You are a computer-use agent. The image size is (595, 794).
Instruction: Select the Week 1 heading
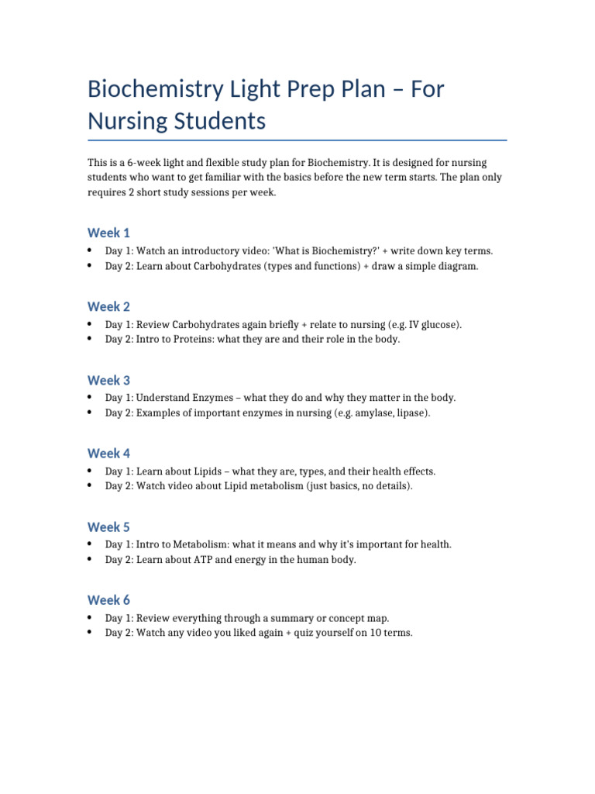point(108,233)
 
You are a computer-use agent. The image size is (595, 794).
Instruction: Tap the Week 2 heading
point(108,306)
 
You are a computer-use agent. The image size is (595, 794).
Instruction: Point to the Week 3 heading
point(108,380)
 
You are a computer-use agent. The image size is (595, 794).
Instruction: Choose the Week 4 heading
point(108,453)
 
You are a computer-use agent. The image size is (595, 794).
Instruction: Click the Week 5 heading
point(108,526)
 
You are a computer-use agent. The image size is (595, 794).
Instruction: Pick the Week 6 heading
point(108,599)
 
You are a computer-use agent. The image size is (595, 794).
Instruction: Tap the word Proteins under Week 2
point(198,340)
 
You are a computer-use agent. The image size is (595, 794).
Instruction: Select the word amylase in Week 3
point(375,413)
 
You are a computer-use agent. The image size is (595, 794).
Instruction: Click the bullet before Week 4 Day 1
point(91,471)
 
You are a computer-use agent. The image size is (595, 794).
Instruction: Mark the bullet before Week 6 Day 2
point(91,633)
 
